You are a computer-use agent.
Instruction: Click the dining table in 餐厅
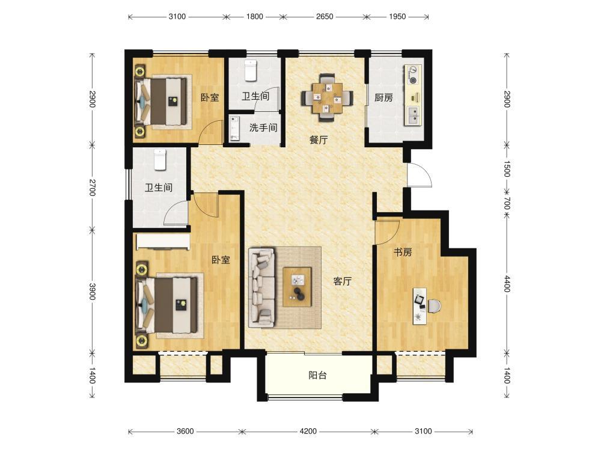point(327,98)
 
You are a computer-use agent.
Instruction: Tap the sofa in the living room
point(262,287)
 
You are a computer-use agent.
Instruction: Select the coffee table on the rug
point(297,286)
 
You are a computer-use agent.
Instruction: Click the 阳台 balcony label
point(318,375)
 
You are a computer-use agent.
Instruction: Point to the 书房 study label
point(403,253)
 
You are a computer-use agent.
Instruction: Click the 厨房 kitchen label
point(383,98)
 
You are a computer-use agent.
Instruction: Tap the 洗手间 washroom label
point(263,127)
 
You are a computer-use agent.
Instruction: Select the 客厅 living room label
point(343,281)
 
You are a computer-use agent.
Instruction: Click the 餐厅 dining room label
point(319,140)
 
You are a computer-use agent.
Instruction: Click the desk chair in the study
point(434,306)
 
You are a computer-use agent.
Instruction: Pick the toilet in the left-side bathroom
point(160,159)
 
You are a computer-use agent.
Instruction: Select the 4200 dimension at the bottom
point(308,431)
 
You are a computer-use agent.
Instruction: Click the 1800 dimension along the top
point(254,16)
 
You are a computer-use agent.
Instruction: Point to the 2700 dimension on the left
point(92,187)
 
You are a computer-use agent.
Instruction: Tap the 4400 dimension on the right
point(507,284)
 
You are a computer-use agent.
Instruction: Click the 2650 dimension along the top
point(325,16)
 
